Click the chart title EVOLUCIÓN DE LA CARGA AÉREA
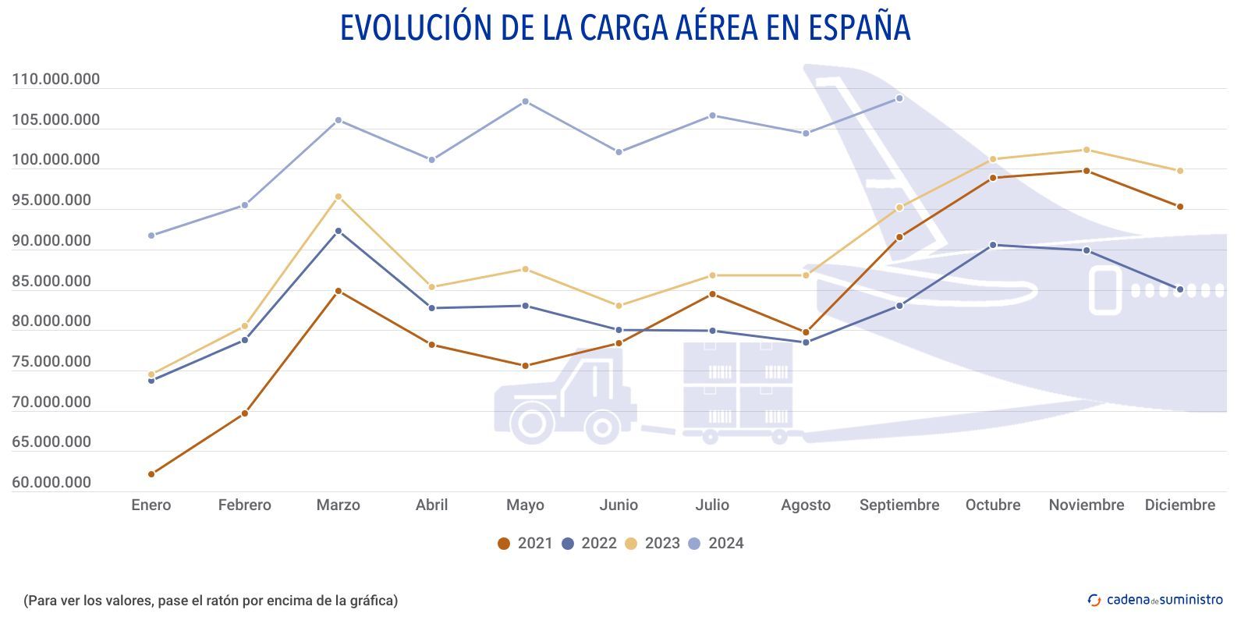[x=625, y=28]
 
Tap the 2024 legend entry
[x=715, y=544]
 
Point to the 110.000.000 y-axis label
[x=56, y=80]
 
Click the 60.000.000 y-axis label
[x=51, y=483]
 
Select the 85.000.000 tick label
[x=51, y=282]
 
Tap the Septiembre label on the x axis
[x=899, y=505]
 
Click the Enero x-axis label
[x=151, y=505]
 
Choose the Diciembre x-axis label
[x=1179, y=505]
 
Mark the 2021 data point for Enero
[x=151, y=474]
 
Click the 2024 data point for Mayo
[x=525, y=101]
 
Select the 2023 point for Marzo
[x=338, y=197]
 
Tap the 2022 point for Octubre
[x=993, y=245]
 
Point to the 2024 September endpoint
[x=899, y=98]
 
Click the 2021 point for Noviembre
[x=1086, y=171]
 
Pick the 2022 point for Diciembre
[x=1179, y=289]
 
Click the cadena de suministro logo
[x=1155, y=600]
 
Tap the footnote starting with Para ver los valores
[x=211, y=601]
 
